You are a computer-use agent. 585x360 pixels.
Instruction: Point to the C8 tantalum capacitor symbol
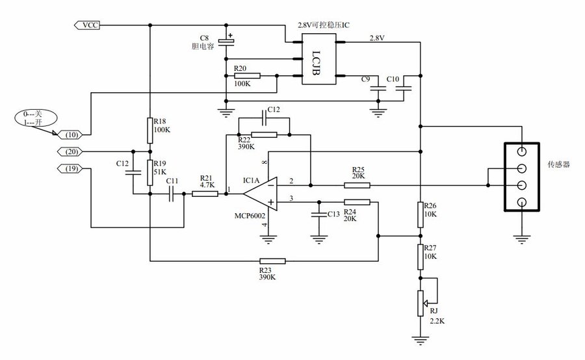(x=226, y=42)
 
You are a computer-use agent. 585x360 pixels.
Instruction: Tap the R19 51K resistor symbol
(x=149, y=172)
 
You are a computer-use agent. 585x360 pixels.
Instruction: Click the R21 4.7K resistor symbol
(x=205, y=194)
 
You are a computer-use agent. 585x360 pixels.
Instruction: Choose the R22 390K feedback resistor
(x=264, y=135)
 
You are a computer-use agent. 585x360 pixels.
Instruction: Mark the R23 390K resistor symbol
(x=272, y=261)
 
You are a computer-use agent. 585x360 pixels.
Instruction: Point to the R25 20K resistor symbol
(x=357, y=185)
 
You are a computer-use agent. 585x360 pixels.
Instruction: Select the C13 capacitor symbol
(x=318, y=215)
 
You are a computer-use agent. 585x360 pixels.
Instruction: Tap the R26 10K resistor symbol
(x=421, y=214)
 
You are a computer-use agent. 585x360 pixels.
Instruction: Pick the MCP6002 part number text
(x=260, y=214)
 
